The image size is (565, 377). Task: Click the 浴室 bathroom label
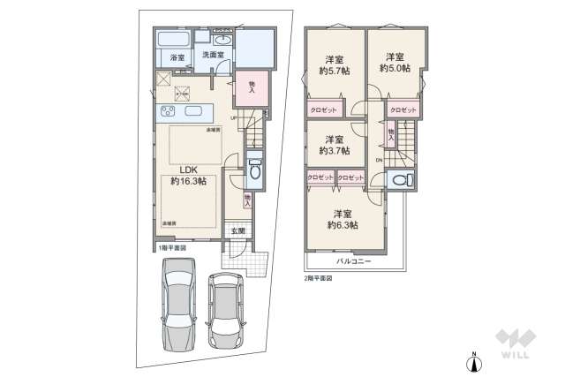tap(177, 58)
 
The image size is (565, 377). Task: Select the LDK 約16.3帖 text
tap(188, 175)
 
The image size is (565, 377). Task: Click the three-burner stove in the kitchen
tap(167, 113)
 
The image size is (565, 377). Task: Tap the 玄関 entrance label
tap(238, 231)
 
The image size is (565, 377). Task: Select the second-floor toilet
tap(402, 181)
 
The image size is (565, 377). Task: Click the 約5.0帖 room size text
tap(395, 65)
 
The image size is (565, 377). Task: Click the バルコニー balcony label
tap(353, 262)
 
